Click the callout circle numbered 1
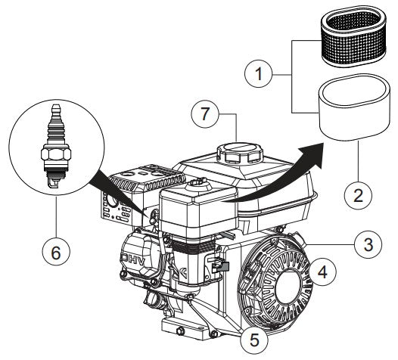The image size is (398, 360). pyautogui.click(x=261, y=76)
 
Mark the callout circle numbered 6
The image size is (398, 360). pyautogui.click(x=55, y=255)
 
